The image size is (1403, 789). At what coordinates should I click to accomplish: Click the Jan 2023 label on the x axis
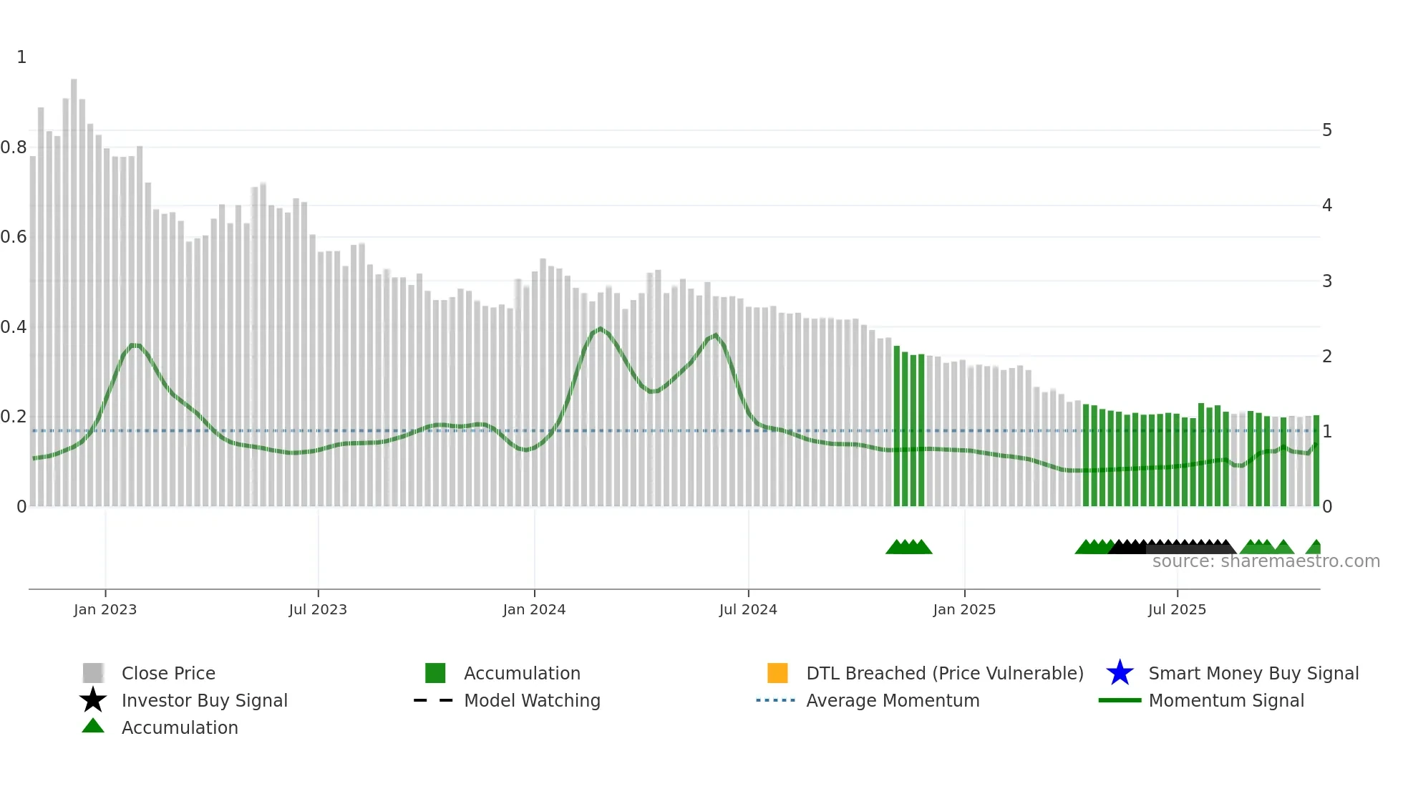pos(105,609)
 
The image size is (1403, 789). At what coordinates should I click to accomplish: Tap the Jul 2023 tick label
pos(318,609)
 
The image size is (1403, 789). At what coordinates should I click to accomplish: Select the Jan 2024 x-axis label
pos(534,609)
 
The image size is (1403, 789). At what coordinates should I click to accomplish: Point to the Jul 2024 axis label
pos(748,609)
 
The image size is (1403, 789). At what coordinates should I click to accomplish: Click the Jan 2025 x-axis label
pos(964,609)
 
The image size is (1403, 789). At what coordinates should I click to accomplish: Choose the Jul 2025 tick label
pos(1177,609)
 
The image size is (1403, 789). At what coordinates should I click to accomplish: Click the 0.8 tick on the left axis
pos(14,147)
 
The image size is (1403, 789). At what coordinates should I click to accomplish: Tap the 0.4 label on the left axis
pos(14,327)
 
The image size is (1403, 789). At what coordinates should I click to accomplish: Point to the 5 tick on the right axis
pos(1327,130)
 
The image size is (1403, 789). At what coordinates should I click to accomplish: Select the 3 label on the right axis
pos(1327,281)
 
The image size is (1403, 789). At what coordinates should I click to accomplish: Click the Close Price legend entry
pos(168,673)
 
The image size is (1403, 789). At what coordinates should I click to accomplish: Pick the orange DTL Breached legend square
pos(777,673)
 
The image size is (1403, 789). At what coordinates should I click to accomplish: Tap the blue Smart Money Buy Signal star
pos(1120,673)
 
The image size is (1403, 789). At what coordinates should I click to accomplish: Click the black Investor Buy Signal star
pos(93,700)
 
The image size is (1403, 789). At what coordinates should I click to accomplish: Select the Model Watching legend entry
pos(532,700)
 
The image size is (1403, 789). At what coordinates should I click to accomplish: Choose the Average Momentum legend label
pos(893,700)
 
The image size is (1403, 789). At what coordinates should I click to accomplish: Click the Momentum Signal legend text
pos(1226,700)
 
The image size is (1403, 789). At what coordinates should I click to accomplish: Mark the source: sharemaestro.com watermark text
pos(1266,561)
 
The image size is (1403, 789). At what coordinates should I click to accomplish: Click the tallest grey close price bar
pos(74,286)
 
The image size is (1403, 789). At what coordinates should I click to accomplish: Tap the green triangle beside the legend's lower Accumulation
pos(93,726)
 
